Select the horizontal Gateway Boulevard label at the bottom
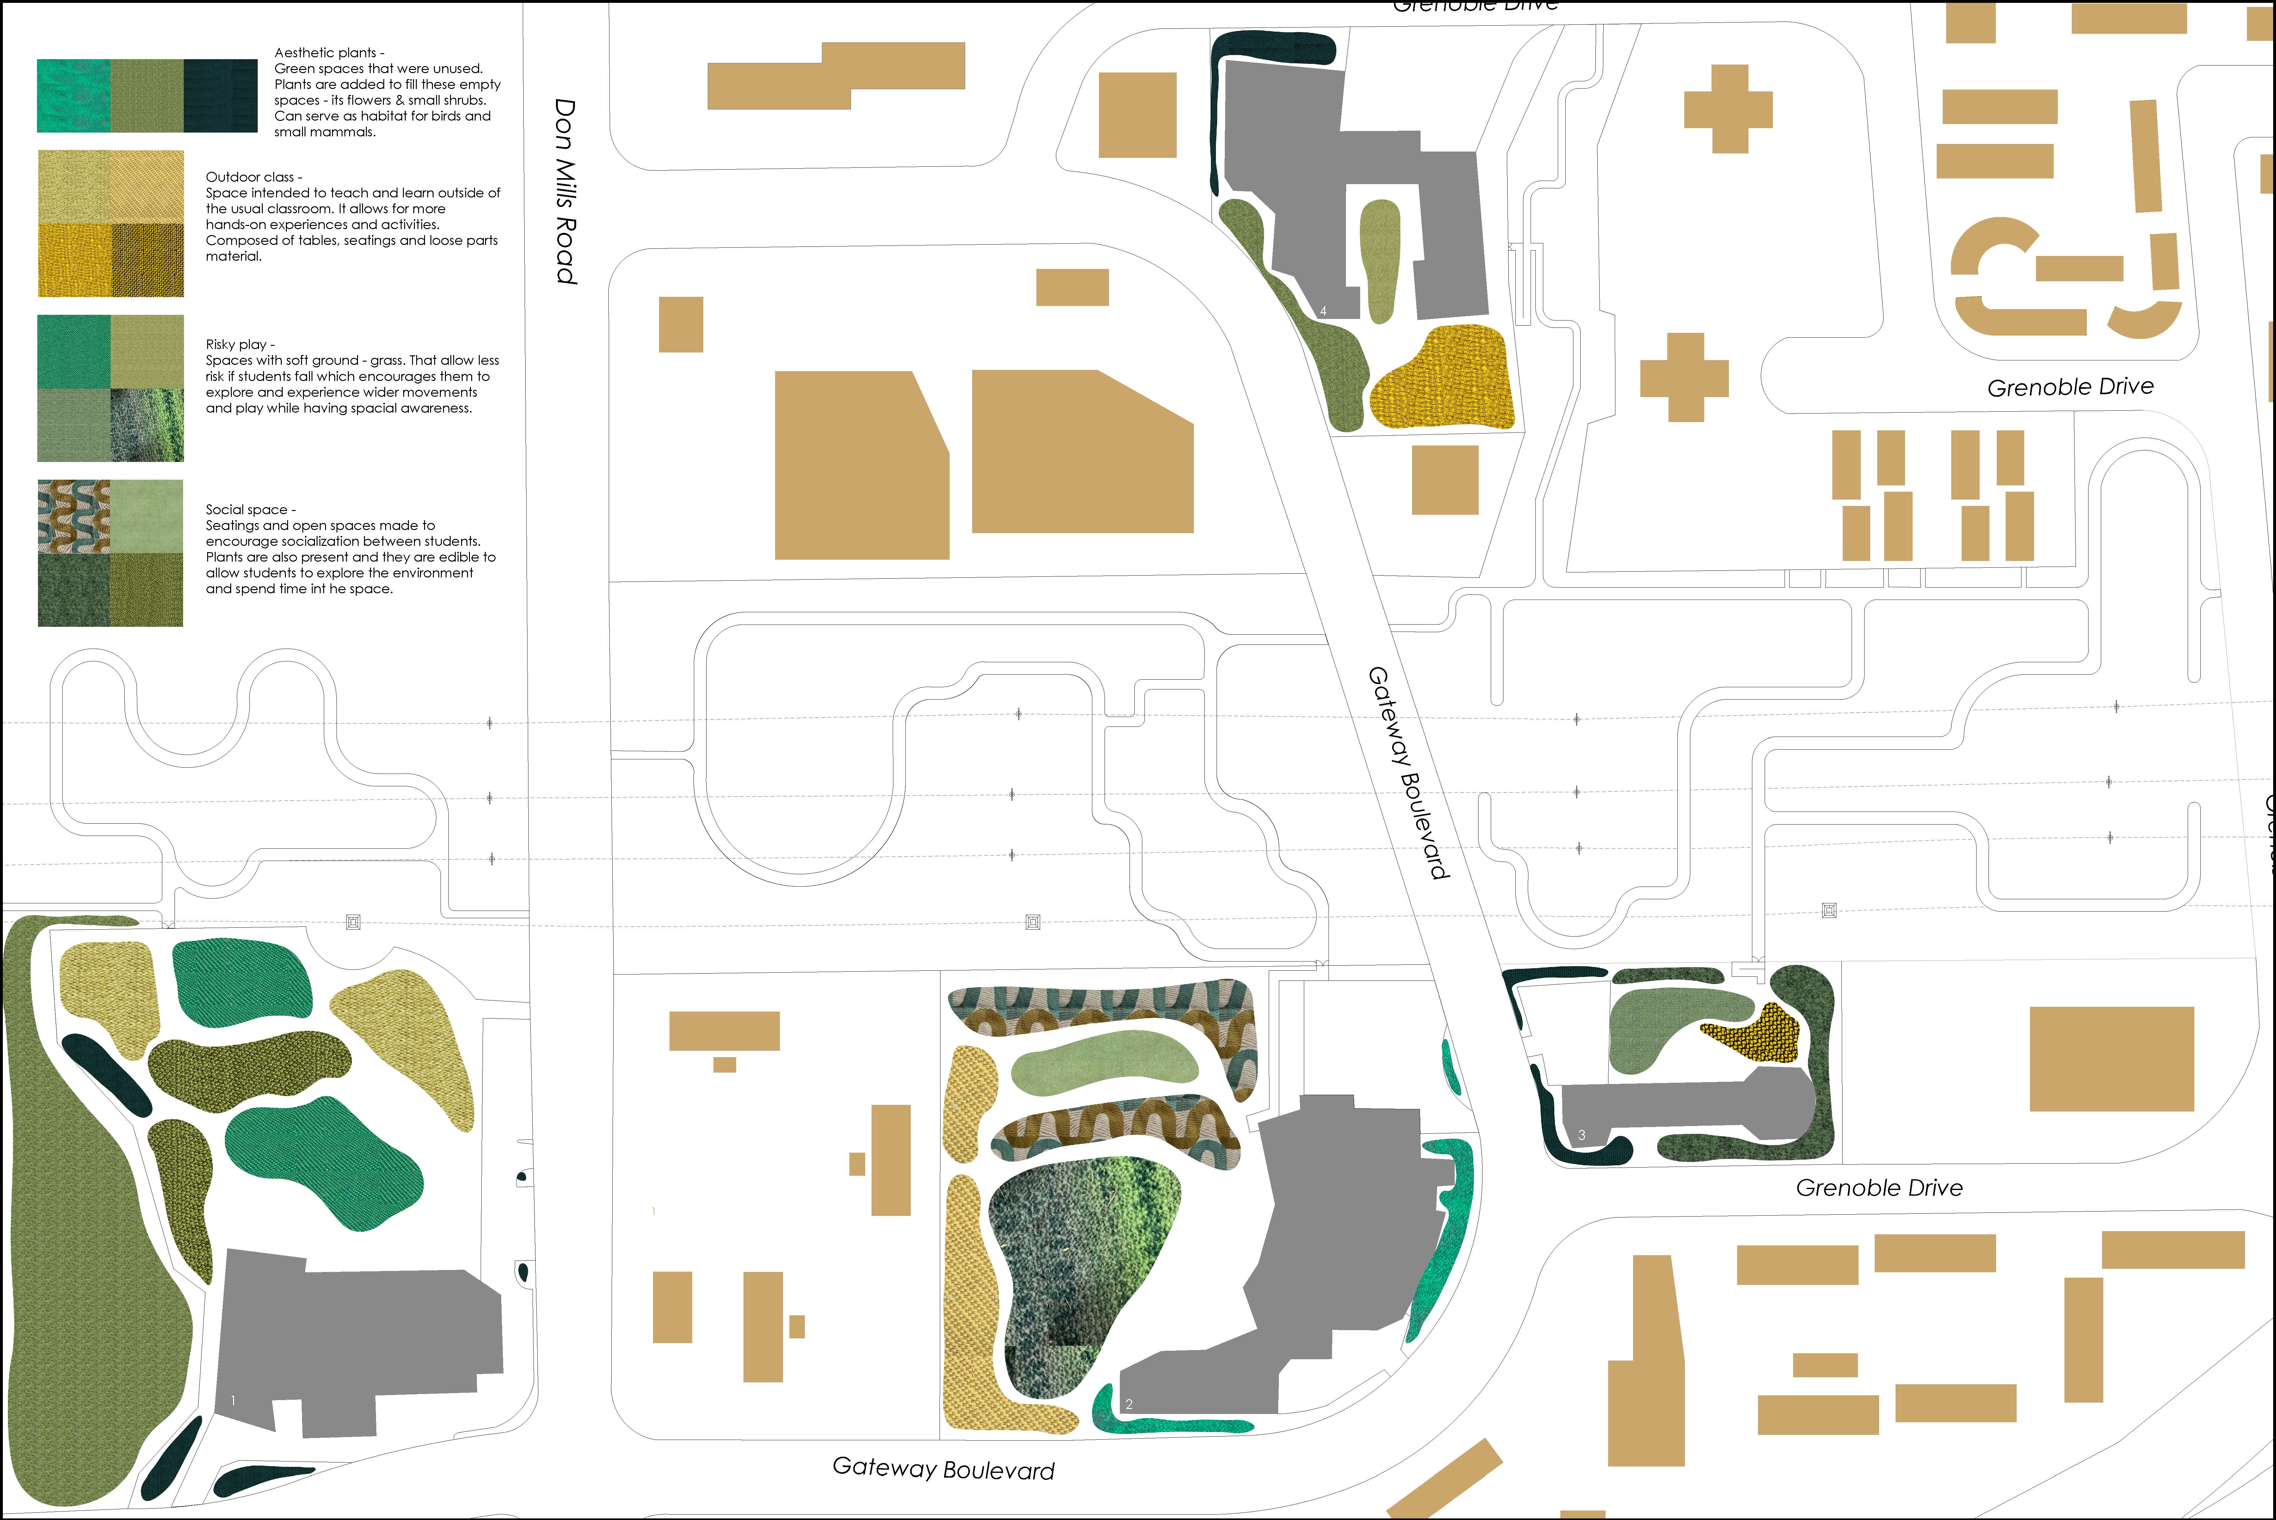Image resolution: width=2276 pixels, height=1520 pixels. point(944,1469)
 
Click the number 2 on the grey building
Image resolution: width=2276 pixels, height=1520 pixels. point(1129,1404)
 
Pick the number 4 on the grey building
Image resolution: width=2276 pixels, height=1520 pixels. point(1323,311)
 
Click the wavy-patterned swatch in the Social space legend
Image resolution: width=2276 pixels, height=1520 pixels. point(74,516)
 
